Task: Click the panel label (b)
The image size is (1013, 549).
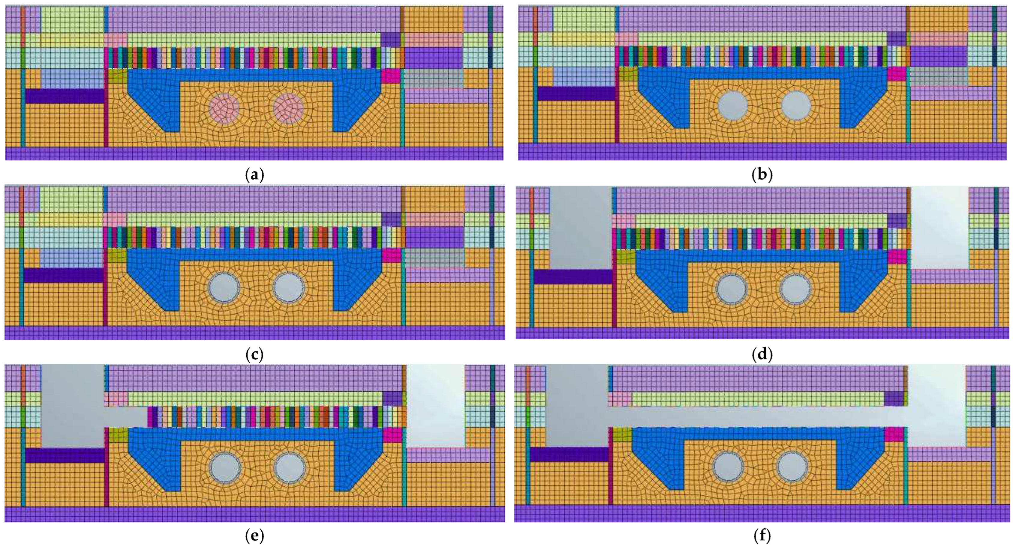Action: tap(762, 175)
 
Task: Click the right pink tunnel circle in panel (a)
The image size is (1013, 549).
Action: tap(288, 108)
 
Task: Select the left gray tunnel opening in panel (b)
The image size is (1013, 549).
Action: tap(733, 106)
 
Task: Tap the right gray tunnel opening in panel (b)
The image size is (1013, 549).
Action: tap(796, 106)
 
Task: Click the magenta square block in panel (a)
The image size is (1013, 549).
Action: tap(391, 76)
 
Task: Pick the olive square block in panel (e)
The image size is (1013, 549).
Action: tap(118, 435)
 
